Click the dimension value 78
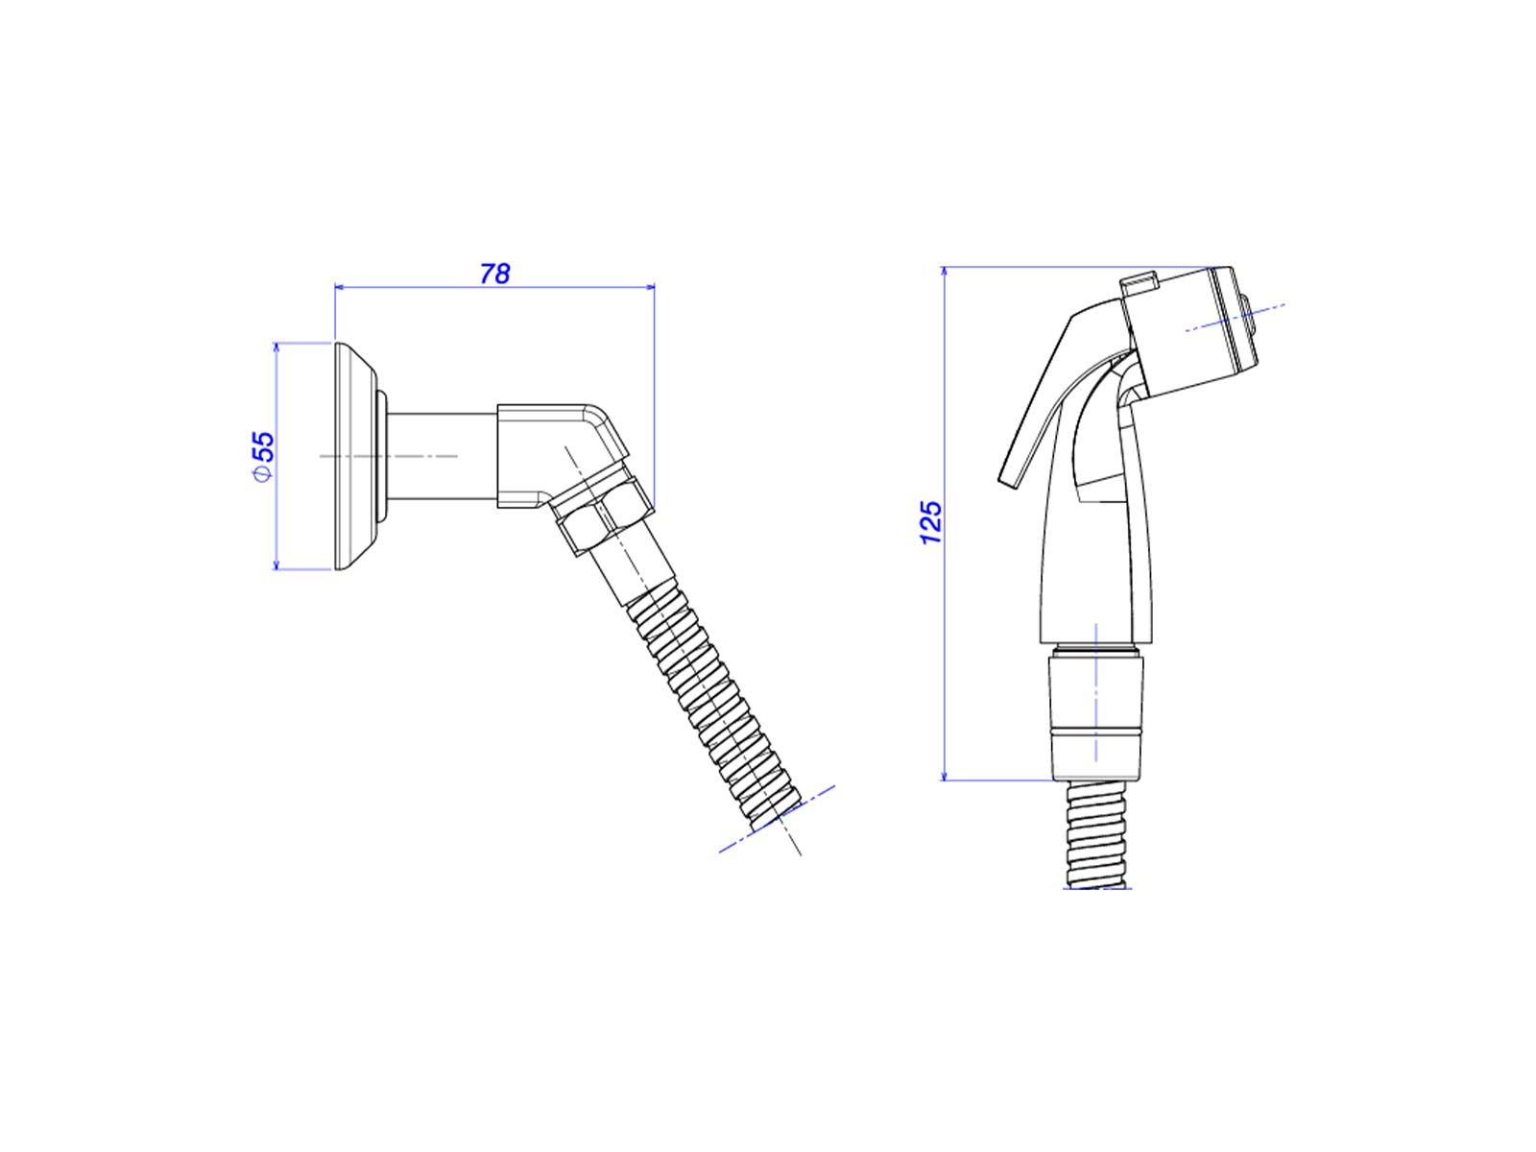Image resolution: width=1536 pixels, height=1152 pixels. click(x=494, y=274)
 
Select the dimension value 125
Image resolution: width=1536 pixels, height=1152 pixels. click(x=930, y=522)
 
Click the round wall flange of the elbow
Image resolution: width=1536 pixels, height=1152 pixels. click(x=357, y=456)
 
